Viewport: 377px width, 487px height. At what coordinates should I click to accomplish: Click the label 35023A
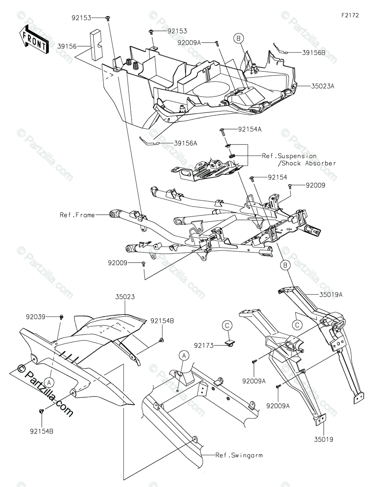point(323,86)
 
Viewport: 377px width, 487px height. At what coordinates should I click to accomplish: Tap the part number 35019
point(323,439)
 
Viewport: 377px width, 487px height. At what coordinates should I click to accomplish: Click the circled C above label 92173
point(227,325)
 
